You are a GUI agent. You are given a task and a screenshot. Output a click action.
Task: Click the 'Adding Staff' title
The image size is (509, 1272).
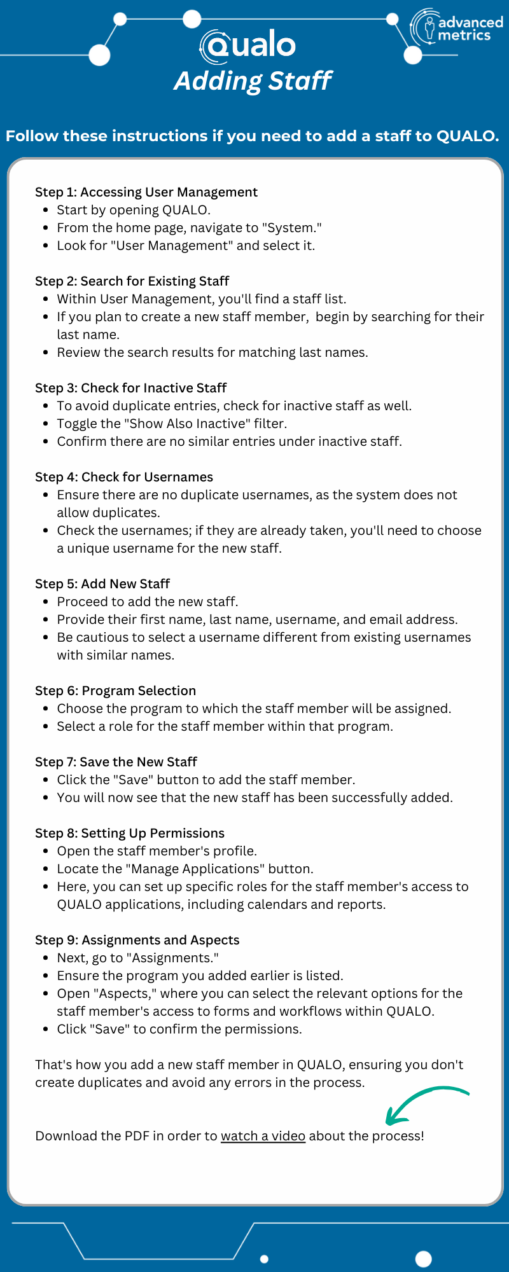coord(253,81)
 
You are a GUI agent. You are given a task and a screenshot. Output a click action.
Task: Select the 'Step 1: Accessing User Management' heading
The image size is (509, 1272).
coord(146,192)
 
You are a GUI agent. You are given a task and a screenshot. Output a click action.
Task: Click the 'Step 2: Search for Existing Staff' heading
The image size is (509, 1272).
coord(132,281)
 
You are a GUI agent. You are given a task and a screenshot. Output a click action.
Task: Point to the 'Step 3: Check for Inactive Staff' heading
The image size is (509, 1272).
coord(131,388)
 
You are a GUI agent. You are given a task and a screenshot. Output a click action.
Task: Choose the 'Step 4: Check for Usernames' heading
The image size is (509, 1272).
coord(124,477)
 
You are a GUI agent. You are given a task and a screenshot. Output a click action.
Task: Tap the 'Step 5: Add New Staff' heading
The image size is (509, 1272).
coord(102,584)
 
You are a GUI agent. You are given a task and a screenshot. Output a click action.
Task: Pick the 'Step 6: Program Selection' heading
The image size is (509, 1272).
coord(116,691)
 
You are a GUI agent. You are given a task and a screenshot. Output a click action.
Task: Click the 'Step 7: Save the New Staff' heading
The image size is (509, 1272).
coord(116,762)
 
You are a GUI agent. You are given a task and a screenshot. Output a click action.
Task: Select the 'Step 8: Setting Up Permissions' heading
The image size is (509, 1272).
coord(130,833)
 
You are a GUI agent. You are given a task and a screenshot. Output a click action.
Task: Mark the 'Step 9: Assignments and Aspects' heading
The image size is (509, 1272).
coord(137,940)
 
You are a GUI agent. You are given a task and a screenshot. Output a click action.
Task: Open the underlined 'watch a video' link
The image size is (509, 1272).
coord(263,1136)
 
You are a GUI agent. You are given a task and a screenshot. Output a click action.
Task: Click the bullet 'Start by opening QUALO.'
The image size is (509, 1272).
coord(134,210)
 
